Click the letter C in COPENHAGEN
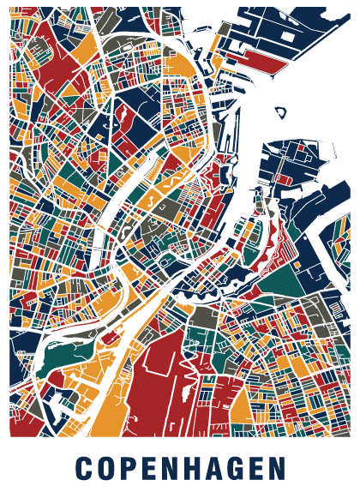pos(83,468)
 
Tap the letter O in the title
pos(105,468)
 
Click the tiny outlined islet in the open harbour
pos(279,111)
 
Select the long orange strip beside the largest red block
pos(120,403)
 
